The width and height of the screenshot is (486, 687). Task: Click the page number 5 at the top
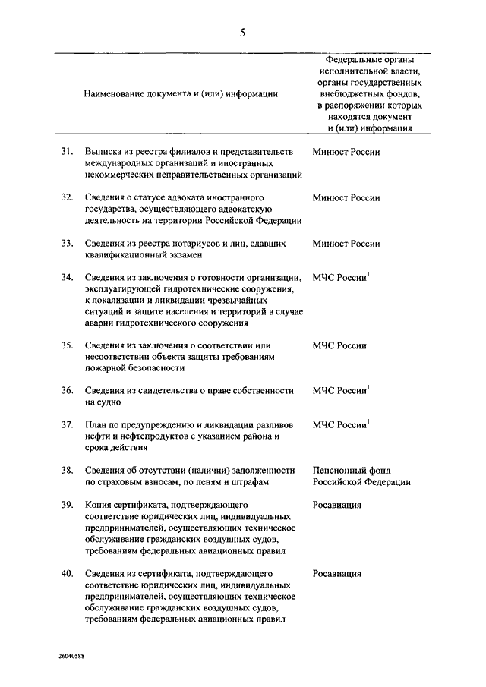pos(242,32)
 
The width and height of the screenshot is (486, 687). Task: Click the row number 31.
pos(68,152)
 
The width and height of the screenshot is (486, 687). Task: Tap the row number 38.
pos(68,470)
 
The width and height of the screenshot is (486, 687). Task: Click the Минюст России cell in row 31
pos(346,152)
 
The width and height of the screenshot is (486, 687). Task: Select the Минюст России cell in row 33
pos(346,244)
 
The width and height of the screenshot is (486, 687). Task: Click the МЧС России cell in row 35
pos(339,346)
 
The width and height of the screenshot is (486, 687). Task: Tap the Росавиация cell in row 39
pos(336,505)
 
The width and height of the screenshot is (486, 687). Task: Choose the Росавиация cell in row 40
pos(336,574)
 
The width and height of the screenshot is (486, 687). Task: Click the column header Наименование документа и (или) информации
pos(181,93)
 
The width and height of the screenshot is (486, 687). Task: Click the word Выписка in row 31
pos(103,152)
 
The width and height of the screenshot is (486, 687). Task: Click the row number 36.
pos(68,390)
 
